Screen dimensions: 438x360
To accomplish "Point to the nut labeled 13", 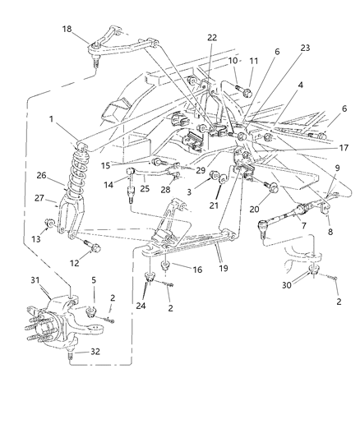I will [x=52, y=224].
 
